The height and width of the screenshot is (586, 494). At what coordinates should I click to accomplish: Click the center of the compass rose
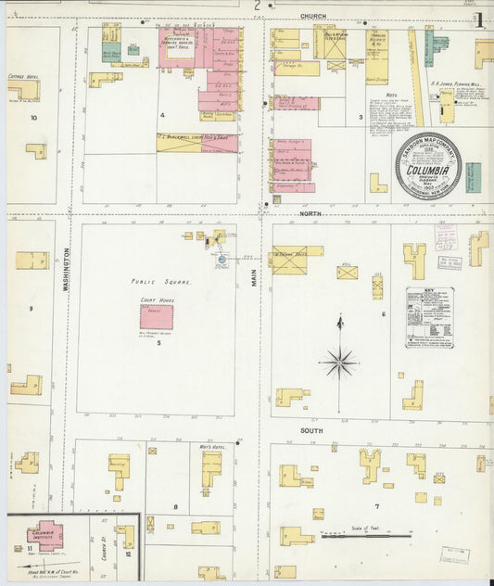(339, 362)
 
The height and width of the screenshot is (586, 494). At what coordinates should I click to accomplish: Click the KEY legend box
(429, 317)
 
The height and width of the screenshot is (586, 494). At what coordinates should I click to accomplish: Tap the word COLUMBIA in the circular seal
(429, 171)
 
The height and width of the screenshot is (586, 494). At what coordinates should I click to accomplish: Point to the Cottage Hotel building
(22, 90)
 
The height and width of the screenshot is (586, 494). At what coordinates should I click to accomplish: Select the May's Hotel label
(212, 447)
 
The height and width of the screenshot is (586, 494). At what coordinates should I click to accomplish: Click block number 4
(162, 115)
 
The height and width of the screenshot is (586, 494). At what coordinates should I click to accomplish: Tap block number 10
(33, 118)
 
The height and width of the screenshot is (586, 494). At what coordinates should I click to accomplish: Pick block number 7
(376, 506)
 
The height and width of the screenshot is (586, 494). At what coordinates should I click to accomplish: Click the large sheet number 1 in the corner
(479, 18)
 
